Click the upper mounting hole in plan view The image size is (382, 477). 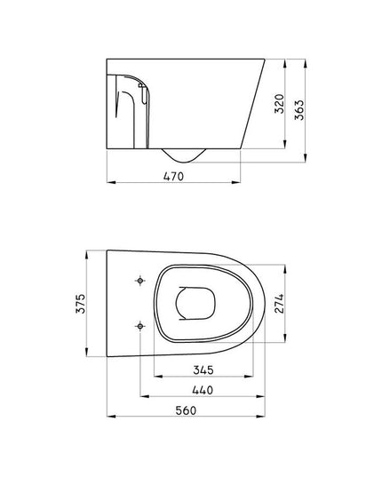(141, 281)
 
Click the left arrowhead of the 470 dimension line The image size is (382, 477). (108, 183)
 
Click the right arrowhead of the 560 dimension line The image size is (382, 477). (263, 416)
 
